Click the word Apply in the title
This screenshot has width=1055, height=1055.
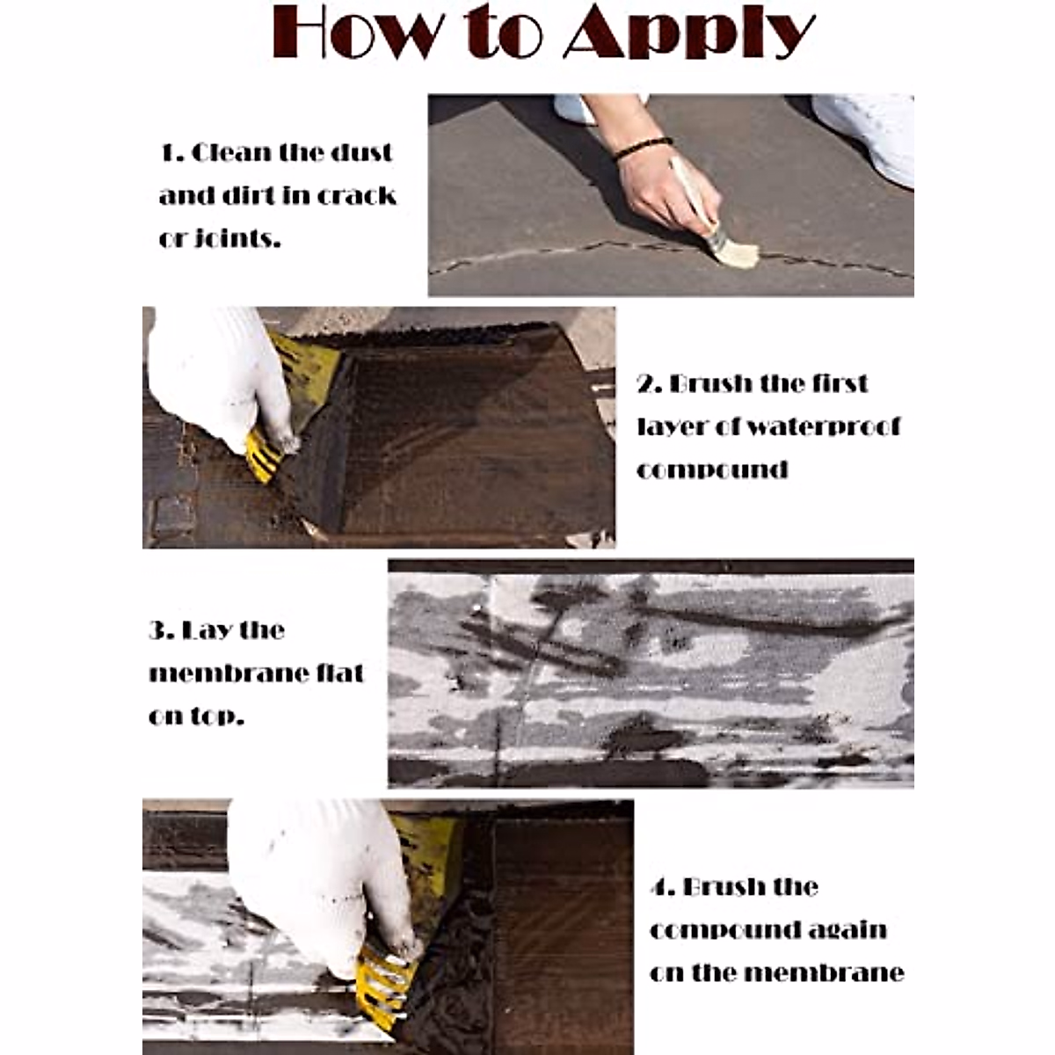688,33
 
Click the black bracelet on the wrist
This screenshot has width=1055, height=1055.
643,148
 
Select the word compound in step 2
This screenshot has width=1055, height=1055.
712,469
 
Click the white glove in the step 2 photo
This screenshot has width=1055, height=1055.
219,378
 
